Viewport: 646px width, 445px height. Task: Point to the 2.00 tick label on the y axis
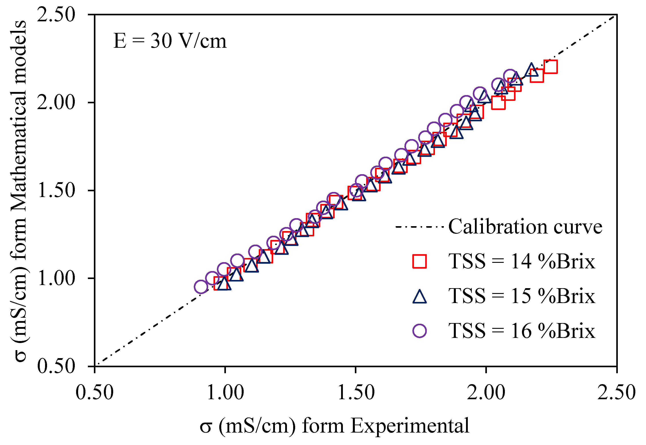tap(56, 103)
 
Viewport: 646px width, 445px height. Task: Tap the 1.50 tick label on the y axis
tap(56, 190)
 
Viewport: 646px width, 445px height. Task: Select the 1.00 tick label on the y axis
tap(56, 278)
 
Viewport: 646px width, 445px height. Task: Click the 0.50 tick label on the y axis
tap(56, 366)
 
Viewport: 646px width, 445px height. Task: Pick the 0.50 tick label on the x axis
tap(95, 393)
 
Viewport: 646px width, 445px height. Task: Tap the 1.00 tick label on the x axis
tap(225, 393)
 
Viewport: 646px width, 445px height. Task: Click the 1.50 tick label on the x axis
tap(356, 393)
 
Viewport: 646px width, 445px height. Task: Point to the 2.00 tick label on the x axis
tap(486, 393)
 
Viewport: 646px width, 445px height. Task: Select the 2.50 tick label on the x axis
tap(616, 393)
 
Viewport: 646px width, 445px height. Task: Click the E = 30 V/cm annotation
tap(170, 41)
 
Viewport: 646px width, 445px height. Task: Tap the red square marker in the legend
tap(419, 261)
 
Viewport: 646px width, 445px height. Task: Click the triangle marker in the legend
tap(419, 297)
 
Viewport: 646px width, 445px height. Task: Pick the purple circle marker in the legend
tap(419, 331)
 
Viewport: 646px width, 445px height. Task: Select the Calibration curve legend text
tap(525, 226)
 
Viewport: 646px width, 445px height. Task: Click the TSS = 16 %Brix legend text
tap(522, 331)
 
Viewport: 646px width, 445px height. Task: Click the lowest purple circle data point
tap(201, 287)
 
